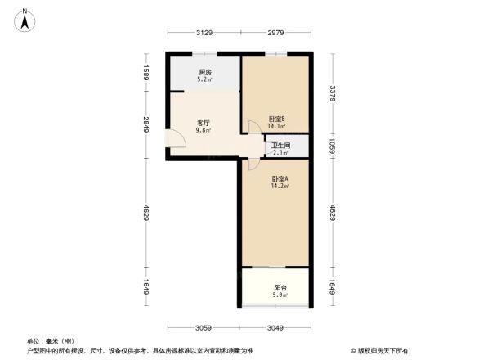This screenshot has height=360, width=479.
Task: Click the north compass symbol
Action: coord(25,17)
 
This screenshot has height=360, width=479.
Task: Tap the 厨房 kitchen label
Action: coord(205,73)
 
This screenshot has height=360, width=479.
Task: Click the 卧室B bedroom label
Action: coord(277,118)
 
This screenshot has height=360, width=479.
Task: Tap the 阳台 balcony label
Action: coord(280,287)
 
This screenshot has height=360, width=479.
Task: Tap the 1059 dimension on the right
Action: coord(333,145)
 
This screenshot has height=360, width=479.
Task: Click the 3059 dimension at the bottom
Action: coord(204,328)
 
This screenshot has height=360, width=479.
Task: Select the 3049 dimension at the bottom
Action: coord(277,328)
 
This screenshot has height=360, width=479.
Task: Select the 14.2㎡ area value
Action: coord(280,187)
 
